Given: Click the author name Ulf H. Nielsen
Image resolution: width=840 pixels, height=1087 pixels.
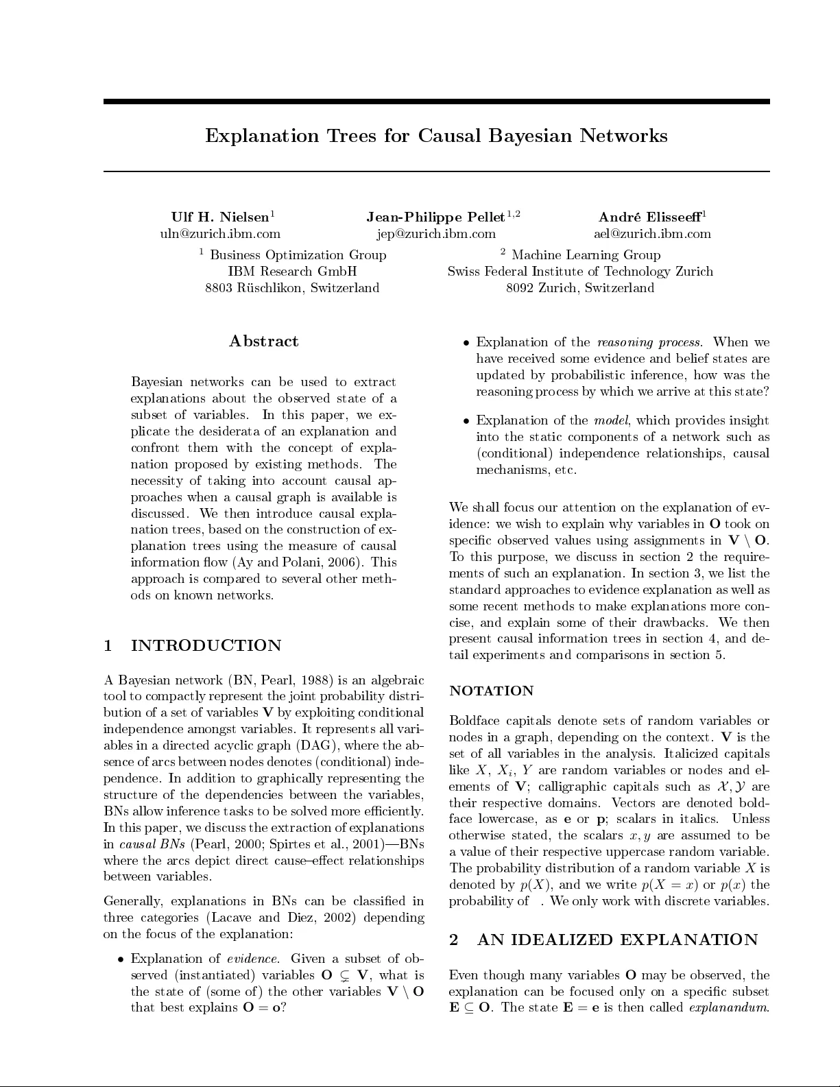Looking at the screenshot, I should click(220, 217).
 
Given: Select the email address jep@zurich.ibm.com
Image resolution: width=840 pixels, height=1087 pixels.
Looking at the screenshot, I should click(436, 234).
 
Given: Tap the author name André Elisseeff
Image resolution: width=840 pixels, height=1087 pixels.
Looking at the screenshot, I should click(650, 217).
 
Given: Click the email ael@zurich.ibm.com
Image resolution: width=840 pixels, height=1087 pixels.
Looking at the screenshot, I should click(652, 234).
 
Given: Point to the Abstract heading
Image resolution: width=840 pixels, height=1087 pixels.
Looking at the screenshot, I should click(263, 342).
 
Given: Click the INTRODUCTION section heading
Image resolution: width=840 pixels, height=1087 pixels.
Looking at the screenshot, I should click(206, 646).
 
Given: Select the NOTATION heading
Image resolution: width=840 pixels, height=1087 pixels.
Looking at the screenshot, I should click(491, 691).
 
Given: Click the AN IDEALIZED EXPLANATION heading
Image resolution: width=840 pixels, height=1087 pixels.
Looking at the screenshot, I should click(617, 940).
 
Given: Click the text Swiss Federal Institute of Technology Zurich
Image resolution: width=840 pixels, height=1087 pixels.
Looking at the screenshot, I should click(580, 272).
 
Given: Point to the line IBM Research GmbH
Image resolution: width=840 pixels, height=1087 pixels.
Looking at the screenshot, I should click(292, 272).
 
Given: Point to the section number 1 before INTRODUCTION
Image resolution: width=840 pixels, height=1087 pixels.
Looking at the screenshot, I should click(107, 646).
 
